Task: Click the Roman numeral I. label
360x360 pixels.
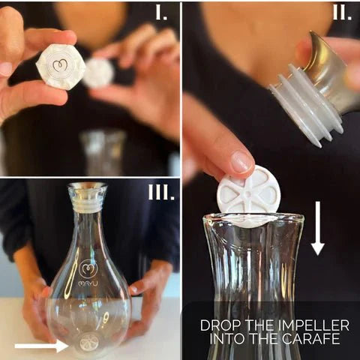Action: click(161, 13)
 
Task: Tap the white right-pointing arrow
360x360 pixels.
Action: click(41, 346)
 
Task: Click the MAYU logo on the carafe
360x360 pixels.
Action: click(88, 274)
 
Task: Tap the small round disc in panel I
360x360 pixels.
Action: click(98, 73)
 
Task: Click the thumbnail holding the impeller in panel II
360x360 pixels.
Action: click(241, 160)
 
